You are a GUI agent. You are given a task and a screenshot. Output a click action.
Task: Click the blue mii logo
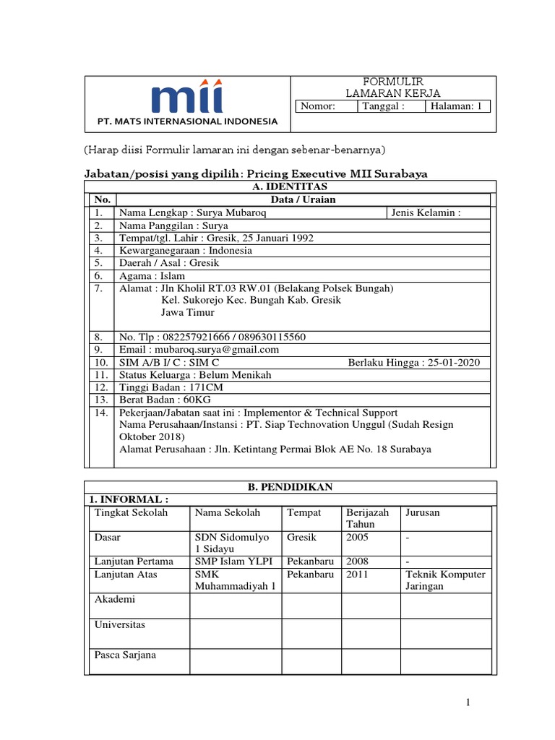[187, 98]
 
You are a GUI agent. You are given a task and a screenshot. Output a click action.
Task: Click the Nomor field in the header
[327, 106]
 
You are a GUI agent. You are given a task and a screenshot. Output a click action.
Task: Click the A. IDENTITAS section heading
[290, 186]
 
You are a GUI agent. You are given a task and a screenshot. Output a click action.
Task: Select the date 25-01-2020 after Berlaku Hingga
[452, 363]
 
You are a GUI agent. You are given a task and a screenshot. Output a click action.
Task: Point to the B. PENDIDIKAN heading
[290, 487]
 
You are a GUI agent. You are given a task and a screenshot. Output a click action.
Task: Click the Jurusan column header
[423, 512]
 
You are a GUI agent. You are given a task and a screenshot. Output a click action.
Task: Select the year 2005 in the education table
[358, 538]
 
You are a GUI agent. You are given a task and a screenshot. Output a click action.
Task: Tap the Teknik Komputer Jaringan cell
[445, 580]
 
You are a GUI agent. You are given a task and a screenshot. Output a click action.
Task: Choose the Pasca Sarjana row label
[126, 655]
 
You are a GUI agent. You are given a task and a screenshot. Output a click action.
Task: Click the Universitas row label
[120, 624]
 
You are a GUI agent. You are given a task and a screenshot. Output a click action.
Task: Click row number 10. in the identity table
[100, 363]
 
